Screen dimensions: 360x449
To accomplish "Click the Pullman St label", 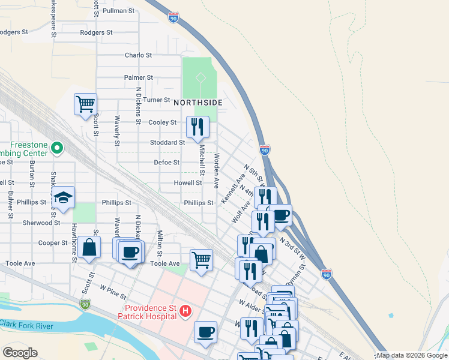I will click(118, 11).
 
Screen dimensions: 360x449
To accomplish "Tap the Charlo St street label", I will click(138, 55).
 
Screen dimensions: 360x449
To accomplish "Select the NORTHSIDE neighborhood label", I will click(198, 103).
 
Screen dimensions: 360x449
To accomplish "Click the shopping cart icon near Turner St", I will click(85, 104).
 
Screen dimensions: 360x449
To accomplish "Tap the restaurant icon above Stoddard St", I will click(197, 127).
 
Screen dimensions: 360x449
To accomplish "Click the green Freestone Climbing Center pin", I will click(58, 146).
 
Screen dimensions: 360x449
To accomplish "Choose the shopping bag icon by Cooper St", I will click(89, 247).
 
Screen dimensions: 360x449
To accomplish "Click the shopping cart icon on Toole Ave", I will click(201, 260).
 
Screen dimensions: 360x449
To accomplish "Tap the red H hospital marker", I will click(186, 311).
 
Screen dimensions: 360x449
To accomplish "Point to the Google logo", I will click(20, 352).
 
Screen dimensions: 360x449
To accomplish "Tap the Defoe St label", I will click(167, 163).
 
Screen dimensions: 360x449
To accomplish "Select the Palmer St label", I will click(139, 77).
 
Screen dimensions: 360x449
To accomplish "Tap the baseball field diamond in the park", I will click(200, 78).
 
